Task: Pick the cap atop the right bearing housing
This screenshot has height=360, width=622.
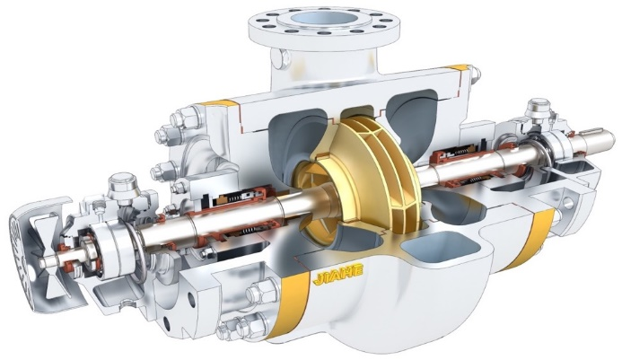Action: [539, 106]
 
